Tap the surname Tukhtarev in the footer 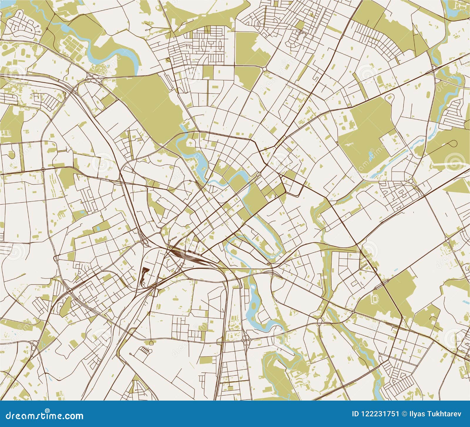click(446, 414)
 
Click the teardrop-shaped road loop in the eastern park click(453, 144)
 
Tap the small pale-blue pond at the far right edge click(466, 302)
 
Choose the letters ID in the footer click(356, 414)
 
